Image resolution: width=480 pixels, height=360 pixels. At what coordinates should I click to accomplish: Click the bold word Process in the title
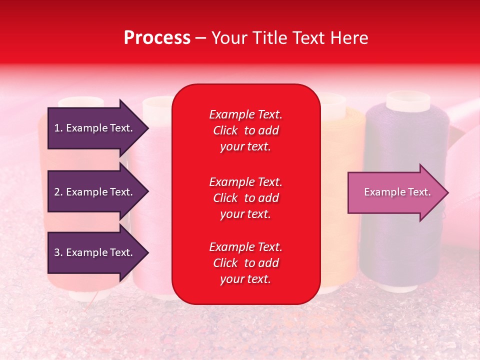coord(157,38)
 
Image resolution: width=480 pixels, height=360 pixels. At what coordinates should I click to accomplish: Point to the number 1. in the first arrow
coord(58,128)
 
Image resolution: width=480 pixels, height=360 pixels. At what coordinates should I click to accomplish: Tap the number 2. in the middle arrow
coord(58,192)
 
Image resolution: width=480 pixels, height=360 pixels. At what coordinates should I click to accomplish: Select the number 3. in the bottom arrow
coord(58,252)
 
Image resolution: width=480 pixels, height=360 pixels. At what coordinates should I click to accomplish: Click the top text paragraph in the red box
coord(245,130)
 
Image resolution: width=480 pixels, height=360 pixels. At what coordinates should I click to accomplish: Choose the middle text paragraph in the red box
coord(245,198)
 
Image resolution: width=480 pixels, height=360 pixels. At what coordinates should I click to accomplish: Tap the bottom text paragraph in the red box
coord(245,263)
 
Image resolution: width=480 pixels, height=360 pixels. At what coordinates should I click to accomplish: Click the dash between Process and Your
coord(200,38)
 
